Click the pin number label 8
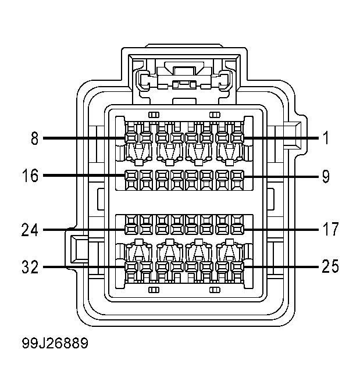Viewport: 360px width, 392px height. point(35,138)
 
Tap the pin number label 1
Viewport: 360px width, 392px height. point(325,138)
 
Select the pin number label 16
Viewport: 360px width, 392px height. point(30,176)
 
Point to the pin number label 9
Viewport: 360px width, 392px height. point(326,176)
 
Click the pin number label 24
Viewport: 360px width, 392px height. point(30,230)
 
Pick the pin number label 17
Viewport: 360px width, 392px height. point(330,229)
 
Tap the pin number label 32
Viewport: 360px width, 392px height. point(30,267)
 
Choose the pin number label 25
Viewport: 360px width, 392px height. point(330,266)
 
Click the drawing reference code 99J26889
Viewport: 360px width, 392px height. point(55,343)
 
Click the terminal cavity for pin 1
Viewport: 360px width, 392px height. point(237,138)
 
